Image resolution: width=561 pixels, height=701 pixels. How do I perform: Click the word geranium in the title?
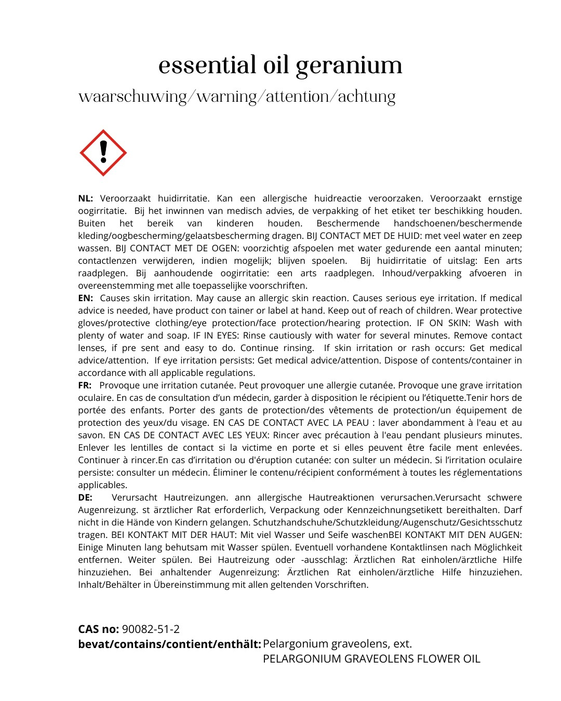(x=349, y=66)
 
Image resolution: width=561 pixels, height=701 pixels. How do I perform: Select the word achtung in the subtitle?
(x=367, y=97)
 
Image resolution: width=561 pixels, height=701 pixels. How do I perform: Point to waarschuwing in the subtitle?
(x=132, y=97)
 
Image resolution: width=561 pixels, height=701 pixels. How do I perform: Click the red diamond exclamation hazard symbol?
(x=103, y=153)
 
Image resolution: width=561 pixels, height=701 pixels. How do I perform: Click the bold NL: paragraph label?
(x=86, y=198)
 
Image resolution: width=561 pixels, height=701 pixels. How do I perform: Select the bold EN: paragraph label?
(x=86, y=298)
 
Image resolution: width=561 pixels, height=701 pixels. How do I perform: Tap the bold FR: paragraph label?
(x=85, y=385)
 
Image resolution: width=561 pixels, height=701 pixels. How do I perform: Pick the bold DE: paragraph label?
(x=85, y=497)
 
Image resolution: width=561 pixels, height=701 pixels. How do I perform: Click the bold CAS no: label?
(x=99, y=629)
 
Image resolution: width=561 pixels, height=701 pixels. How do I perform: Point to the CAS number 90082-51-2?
(x=151, y=629)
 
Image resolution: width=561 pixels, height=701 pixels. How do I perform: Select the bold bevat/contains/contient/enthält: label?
(x=169, y=644)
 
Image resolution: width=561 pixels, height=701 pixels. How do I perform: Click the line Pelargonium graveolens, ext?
(x=337, y=644)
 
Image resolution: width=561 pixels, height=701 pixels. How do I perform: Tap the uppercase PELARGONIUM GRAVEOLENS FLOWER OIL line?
(x=371, y=659)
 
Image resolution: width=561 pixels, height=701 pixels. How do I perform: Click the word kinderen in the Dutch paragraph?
(x=235, y=223)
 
